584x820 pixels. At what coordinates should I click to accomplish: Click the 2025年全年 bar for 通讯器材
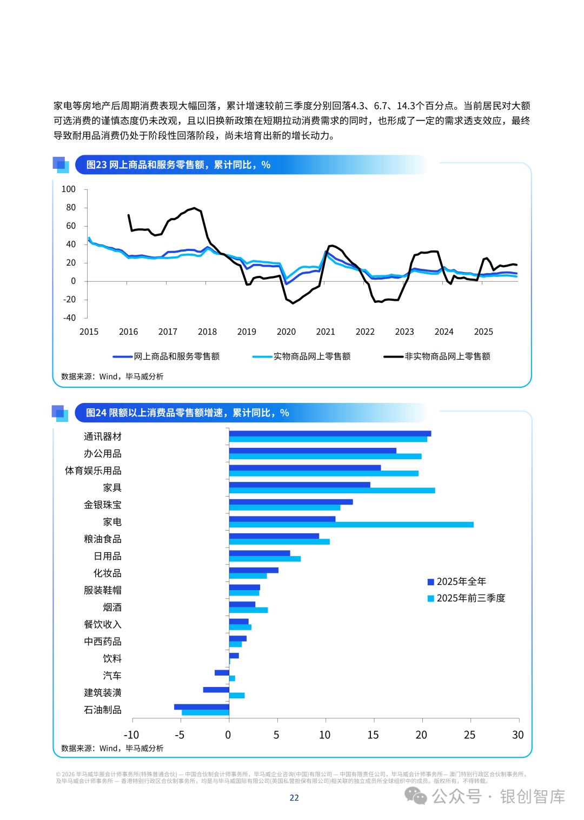coord(330,433)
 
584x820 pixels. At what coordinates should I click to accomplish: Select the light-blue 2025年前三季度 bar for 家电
coord(351,525)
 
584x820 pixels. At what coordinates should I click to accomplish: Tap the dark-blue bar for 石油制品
coord(202,706)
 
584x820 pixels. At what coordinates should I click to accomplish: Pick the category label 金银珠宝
coord(103,505)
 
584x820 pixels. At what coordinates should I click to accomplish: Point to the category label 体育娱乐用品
coord(93,471)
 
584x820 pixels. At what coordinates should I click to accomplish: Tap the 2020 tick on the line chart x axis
coord(286,332)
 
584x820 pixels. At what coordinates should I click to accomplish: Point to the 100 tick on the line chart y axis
coord(69,189)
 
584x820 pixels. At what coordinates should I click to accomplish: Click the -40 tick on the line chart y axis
coord(69,318)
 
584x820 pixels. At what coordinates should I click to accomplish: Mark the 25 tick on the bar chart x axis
coord(470,735)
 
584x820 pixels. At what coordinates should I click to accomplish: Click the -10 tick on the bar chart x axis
coord(131,735)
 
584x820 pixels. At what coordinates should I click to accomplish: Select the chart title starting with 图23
coord(178,164)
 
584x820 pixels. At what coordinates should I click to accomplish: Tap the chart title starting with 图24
coord(188,413)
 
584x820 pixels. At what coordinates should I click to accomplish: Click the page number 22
coord(294,797)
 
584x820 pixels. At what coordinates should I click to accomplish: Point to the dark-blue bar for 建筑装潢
coord(216,690)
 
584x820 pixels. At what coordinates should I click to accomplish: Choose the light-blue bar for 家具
coord(332,491)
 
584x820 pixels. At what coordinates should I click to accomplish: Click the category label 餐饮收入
coord(103,624)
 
